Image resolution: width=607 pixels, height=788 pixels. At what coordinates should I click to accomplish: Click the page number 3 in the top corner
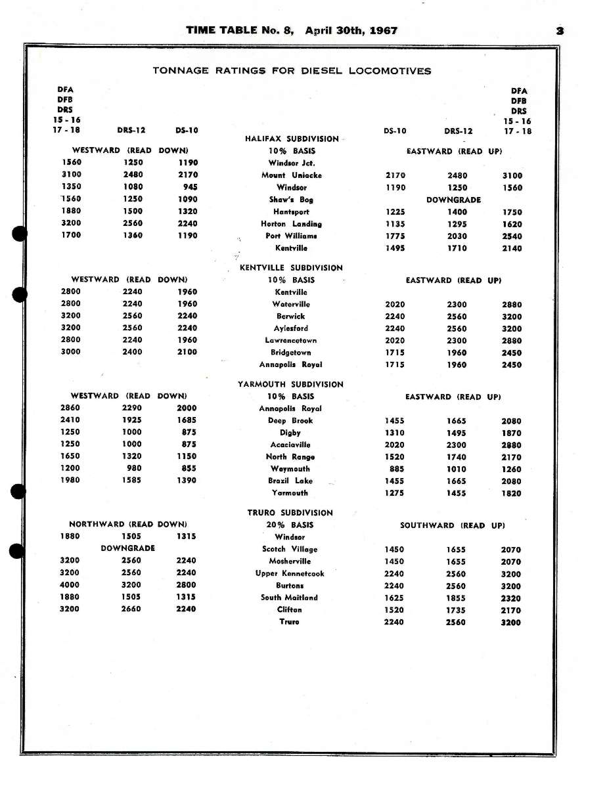coord(560,30)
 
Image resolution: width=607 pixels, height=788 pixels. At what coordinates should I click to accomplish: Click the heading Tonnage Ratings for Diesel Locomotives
coord(292,71)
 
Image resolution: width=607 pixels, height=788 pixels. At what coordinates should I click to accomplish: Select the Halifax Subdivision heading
coord(292,139)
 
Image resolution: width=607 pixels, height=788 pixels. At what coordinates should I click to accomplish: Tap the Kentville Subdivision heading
coord(291,268)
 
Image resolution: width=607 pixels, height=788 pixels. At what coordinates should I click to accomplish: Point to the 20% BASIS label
coord(290,525)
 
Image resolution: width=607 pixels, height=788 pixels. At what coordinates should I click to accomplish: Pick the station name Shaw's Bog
coord(291,200)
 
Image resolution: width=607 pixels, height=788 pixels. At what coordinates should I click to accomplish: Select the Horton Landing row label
coord(291,224)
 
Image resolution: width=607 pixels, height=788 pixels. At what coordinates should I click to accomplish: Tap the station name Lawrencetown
coord(291,340)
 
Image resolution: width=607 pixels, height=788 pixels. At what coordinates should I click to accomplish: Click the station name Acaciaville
coord(290,445)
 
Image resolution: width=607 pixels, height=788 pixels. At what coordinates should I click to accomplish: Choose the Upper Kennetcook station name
coord(290,573)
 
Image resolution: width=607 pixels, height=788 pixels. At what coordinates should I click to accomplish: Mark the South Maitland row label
coord(289,598)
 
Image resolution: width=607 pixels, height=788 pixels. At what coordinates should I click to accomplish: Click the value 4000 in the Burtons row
coord(70,585)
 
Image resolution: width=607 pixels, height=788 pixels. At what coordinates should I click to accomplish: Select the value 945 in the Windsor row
coord(191,186)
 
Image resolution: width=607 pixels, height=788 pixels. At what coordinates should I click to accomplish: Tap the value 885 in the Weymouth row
coord(396,469)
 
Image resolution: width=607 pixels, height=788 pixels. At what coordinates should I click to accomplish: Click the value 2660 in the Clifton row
coord(131,609)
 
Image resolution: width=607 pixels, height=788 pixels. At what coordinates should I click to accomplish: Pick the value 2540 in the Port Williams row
coord(512,236)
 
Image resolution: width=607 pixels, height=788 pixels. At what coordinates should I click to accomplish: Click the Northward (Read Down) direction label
coord(128,524)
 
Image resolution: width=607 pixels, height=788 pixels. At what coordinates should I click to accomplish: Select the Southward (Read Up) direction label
coord(453,525)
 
